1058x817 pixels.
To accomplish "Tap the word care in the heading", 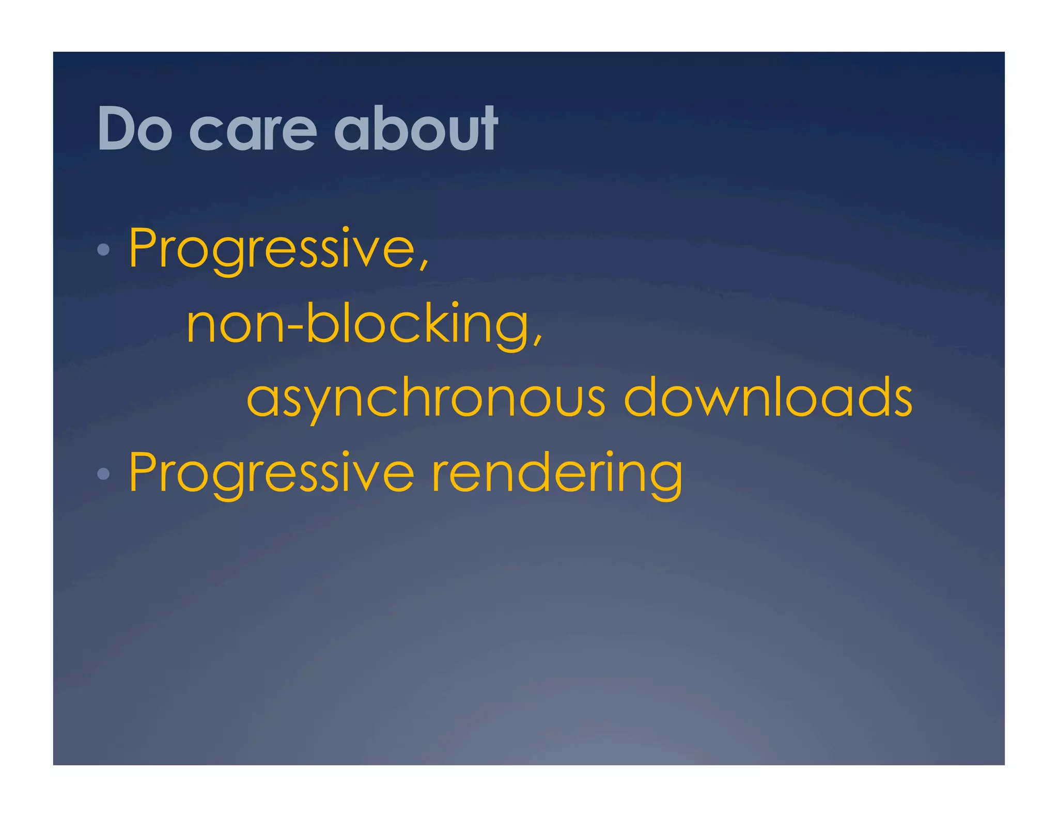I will click(253, 132).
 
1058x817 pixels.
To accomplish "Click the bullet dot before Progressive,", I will click(103, 250).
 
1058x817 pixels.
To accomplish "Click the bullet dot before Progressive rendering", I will click(103, 474).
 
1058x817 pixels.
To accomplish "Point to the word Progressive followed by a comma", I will click(272, 249).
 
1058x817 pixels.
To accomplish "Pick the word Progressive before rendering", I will click(272, 473).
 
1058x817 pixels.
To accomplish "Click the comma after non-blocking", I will click(538, 338).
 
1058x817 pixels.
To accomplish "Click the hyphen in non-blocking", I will click(295, 326).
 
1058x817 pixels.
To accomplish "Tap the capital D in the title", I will click(118, 129).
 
